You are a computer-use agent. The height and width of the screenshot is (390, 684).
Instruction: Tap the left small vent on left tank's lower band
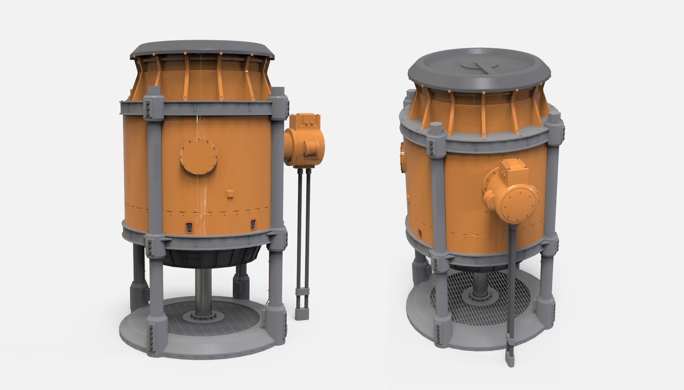point(190,227)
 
